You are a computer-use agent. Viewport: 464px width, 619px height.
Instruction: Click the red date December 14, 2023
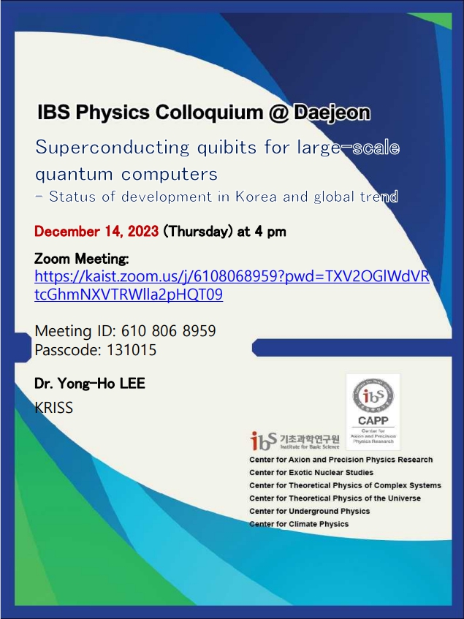pyautogui.click(x=96, y=232)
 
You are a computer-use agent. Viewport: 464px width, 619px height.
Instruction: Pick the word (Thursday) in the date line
pyautogui.click(x=197, y=232)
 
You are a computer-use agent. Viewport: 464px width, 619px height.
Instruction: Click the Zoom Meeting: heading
pyautogui.click(x=82, y=259)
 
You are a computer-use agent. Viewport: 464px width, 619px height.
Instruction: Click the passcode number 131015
pyautogui.click(x=132, y=349)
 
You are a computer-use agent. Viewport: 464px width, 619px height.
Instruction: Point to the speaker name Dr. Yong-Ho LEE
pyautogui.click(x=90, y=383)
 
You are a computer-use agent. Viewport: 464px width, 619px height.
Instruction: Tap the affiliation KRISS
pyautogui.click(x=54, y=408)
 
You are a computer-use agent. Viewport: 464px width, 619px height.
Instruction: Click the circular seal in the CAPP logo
pyautogui.click(x=373, y=395)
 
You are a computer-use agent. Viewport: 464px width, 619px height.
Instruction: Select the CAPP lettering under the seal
pyautogui.click(x=373, y=422)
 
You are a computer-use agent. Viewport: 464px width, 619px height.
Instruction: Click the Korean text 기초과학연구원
pyautogui.click(x=309, y=438)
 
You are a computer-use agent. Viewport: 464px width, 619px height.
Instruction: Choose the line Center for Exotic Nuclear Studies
pyautogui.click(x=311, y=473)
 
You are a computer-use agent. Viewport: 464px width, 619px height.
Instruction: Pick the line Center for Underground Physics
pyautogui.click(x=309, y=511)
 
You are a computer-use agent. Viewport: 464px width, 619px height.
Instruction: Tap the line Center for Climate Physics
pyautogui.click(x=299, y=524)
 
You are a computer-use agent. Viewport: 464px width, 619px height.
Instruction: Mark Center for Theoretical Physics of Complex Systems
pyautogui.click(x=345, y=485)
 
